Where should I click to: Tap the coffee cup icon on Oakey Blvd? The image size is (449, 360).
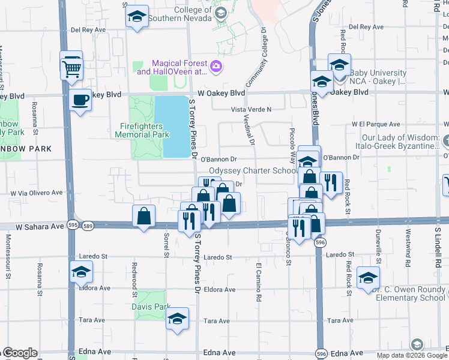(x=80, y=100)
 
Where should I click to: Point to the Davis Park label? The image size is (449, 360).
(x=151, y=307)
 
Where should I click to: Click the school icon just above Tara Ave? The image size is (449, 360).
(x=178, y=320)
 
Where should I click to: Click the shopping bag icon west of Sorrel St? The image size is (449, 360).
(x=144, y=217)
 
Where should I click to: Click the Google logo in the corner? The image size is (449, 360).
(x=19, y=353)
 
